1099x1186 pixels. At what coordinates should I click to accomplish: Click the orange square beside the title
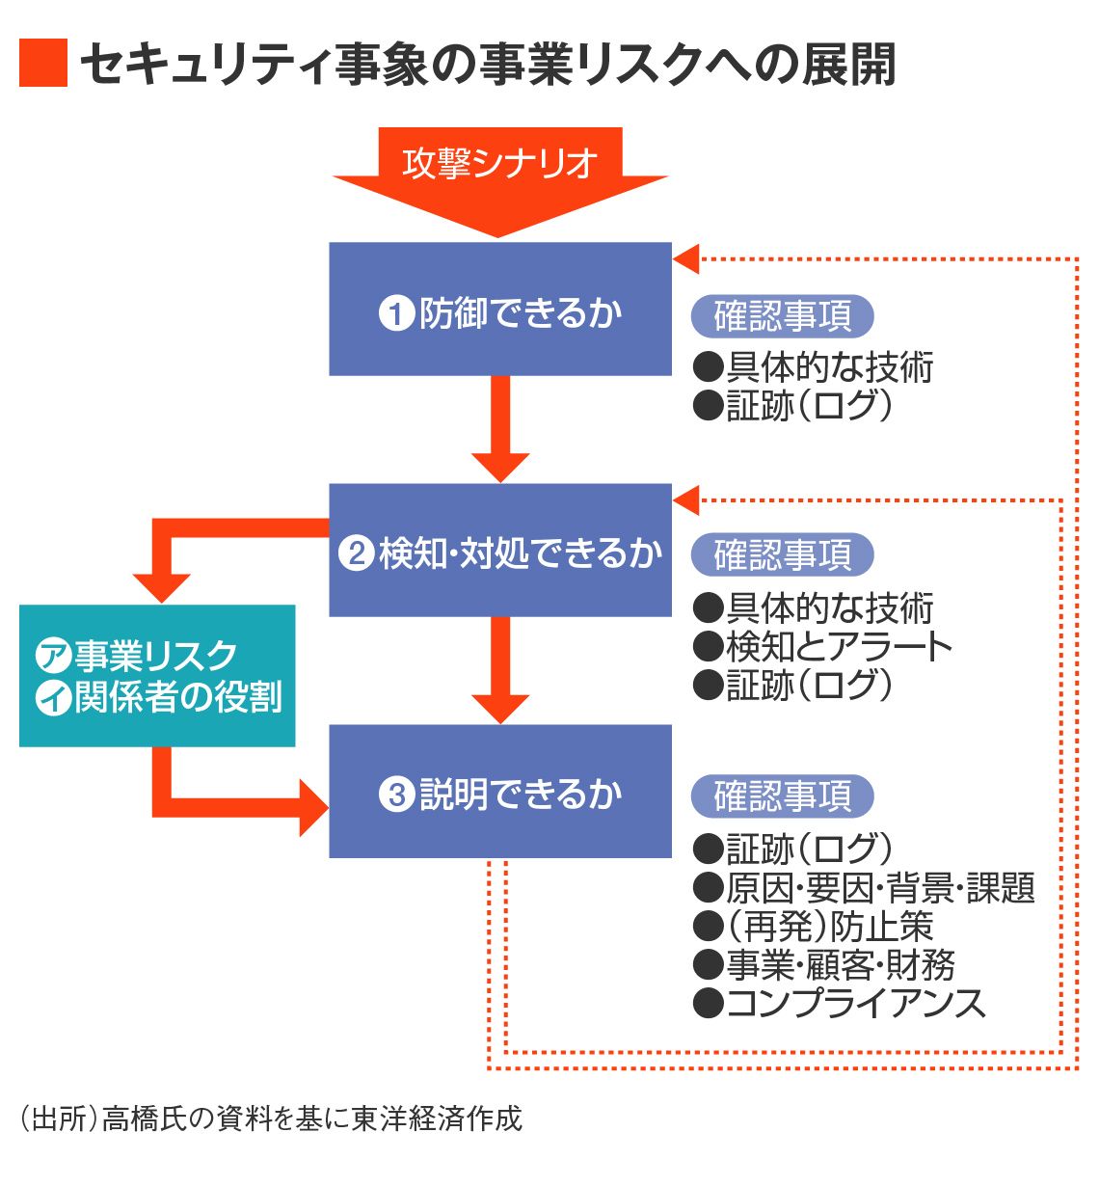pos(42,64)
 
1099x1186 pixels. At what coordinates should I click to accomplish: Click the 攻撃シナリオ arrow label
pos(499,163)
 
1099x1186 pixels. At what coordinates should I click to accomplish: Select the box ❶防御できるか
pos(499,310)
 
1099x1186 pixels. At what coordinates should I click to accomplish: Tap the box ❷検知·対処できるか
pos(499,551)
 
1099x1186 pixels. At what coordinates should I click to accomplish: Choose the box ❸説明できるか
pos(499,792)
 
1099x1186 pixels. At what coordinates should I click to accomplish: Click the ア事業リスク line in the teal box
pos(137,656)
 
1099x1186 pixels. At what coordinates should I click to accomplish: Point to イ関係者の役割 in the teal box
pos(159,697)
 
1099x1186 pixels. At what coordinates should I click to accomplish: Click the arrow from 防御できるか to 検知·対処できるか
pos(499,429)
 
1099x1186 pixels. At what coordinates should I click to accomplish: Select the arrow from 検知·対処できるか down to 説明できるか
pos(499,669)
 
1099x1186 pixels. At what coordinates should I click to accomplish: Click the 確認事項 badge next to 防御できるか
pos(782,315)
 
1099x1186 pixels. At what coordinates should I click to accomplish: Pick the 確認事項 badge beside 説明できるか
pos(782,796)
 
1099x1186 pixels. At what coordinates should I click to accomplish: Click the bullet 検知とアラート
pos(824,647)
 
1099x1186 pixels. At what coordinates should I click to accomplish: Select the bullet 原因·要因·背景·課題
pos(864,888)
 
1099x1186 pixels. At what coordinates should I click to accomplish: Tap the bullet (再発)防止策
pos(815,927)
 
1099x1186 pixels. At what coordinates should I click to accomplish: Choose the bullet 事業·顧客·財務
pos(824,965)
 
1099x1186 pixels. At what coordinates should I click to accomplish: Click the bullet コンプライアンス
pos(840,1004)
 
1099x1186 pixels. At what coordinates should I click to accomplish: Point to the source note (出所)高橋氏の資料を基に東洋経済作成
pos(271,1119)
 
